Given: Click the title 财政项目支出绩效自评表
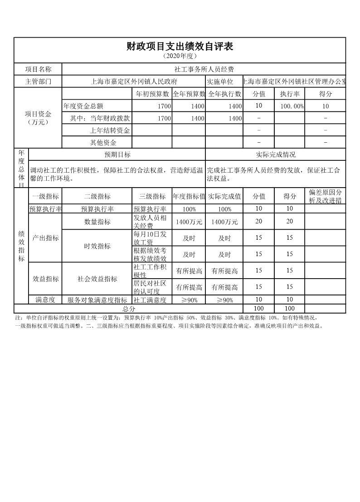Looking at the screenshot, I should point(180,46).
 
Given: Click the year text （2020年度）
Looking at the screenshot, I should point(180,56).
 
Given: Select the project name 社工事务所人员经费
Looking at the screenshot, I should point(204,69).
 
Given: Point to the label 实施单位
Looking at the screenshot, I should point(220,82).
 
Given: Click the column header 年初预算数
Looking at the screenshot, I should point(153,94).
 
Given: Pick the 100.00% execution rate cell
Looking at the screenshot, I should point(292,106).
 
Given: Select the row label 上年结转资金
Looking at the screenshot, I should point(110,130).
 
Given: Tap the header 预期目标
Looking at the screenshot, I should point(117,155).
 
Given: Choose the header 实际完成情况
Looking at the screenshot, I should point(276,155).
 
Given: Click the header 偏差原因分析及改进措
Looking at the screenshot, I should point(325,197).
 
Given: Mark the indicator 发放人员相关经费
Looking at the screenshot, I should point(151,222).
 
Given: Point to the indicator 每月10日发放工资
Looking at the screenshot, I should point(151,238).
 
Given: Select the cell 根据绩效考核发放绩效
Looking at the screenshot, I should point(151,254).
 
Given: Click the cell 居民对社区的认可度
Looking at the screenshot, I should point(151,287).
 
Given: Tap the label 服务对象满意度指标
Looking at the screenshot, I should point(97,300).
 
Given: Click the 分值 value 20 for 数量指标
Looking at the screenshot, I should point(259,222).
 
